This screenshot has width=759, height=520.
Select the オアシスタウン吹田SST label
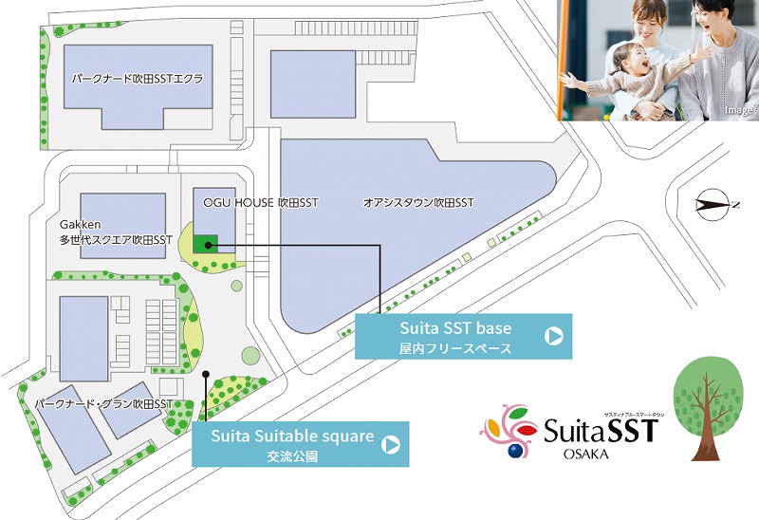(418, 203)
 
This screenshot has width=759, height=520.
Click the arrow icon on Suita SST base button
(554, 335)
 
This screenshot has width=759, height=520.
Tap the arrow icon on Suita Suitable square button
(391, 443)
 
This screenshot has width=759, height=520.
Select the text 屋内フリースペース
(455, 348)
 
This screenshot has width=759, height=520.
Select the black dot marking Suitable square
(205, 374)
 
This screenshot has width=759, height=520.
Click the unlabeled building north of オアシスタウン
(312, 84)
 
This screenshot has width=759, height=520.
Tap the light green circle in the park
(250, 355)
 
